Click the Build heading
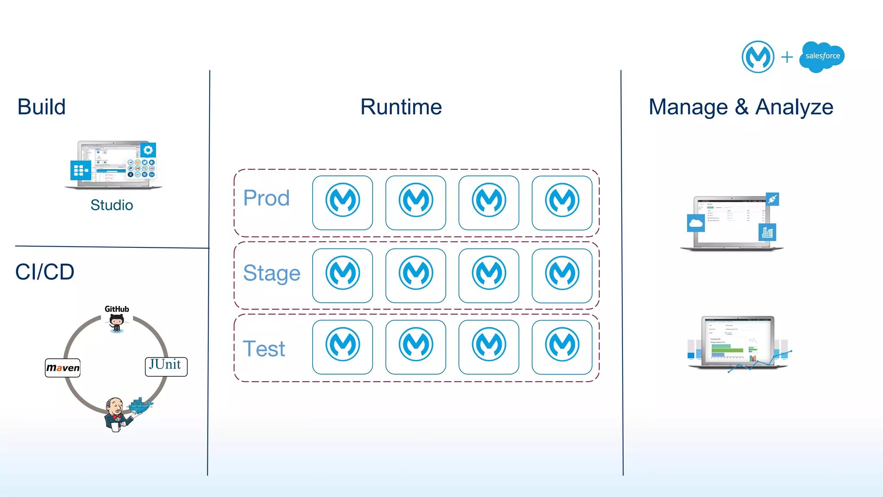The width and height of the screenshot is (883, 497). tap(41, 107)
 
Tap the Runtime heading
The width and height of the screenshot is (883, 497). tap(401, 107)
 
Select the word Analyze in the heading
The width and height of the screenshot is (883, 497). tap(794, 107)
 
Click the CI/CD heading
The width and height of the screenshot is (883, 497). tap(45, 272)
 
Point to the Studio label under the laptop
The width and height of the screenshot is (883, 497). tap(112, 205)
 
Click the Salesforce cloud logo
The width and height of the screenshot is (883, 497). tap(822, 56)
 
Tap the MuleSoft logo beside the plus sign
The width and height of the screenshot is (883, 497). tap(758, 56)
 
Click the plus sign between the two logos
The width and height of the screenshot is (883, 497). tap(787, 57)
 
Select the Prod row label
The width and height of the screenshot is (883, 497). tap(266, 198)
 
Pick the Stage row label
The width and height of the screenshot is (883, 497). tap(272, 273)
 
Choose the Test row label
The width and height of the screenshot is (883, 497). tap(264, 349)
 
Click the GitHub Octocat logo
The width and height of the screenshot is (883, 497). tap(116, 322)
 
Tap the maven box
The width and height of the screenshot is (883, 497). tap(63, 368)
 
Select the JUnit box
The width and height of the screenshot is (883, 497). tap(166, 366)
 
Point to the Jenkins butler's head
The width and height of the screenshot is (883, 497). tap(115, 406)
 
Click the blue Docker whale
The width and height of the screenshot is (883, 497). tap(141, 405)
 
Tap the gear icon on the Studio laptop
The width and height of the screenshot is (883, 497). tap(148, 150)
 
